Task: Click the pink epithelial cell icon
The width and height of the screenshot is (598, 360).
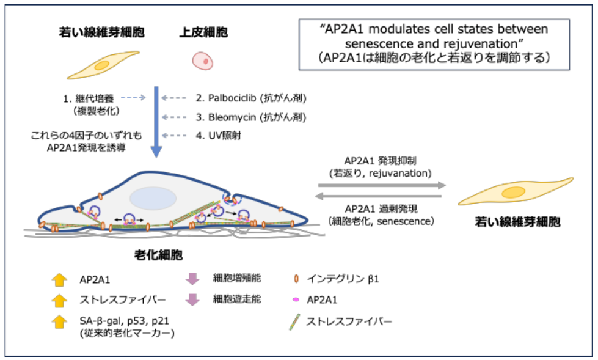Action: click(x=203, y=61)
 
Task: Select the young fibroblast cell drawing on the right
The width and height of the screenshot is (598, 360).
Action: click(x=517, y=192)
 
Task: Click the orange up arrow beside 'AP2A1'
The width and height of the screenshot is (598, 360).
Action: click(x=59, y=280)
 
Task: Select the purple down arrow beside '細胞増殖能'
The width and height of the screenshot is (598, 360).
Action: click(x=193, y=279)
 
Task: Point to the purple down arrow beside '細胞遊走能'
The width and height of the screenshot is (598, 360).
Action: click(x=193, y=299)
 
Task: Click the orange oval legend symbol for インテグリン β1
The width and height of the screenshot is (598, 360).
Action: click(x=296, y=279)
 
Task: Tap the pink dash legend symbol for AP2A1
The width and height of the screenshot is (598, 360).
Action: click(x=296, y=300)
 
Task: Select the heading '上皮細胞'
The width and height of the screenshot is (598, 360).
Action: click(x=203, y=32)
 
